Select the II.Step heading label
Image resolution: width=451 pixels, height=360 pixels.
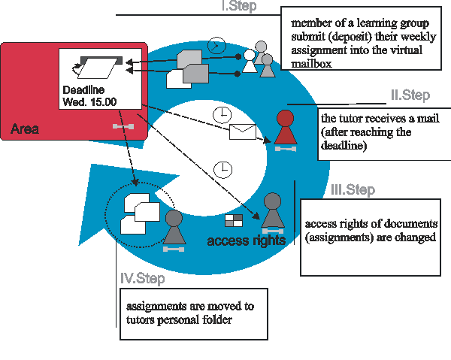410,95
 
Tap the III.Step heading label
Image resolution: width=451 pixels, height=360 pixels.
353,190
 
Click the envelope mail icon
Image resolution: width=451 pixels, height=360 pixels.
243,132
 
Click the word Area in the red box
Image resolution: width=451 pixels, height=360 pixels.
25,129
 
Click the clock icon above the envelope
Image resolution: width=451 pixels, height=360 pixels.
221,113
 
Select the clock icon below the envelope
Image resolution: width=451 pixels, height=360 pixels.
222,168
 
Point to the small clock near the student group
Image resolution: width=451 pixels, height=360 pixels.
216,45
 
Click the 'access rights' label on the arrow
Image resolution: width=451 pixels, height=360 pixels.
246,241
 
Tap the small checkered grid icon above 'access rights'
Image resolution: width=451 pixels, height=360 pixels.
234,220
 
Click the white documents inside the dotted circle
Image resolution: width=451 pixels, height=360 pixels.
141,213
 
